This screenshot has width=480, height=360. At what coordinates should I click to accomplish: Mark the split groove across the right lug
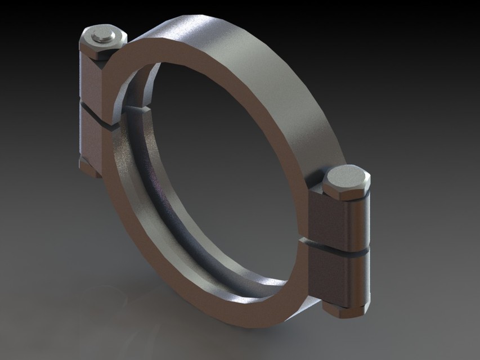[338, 247]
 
